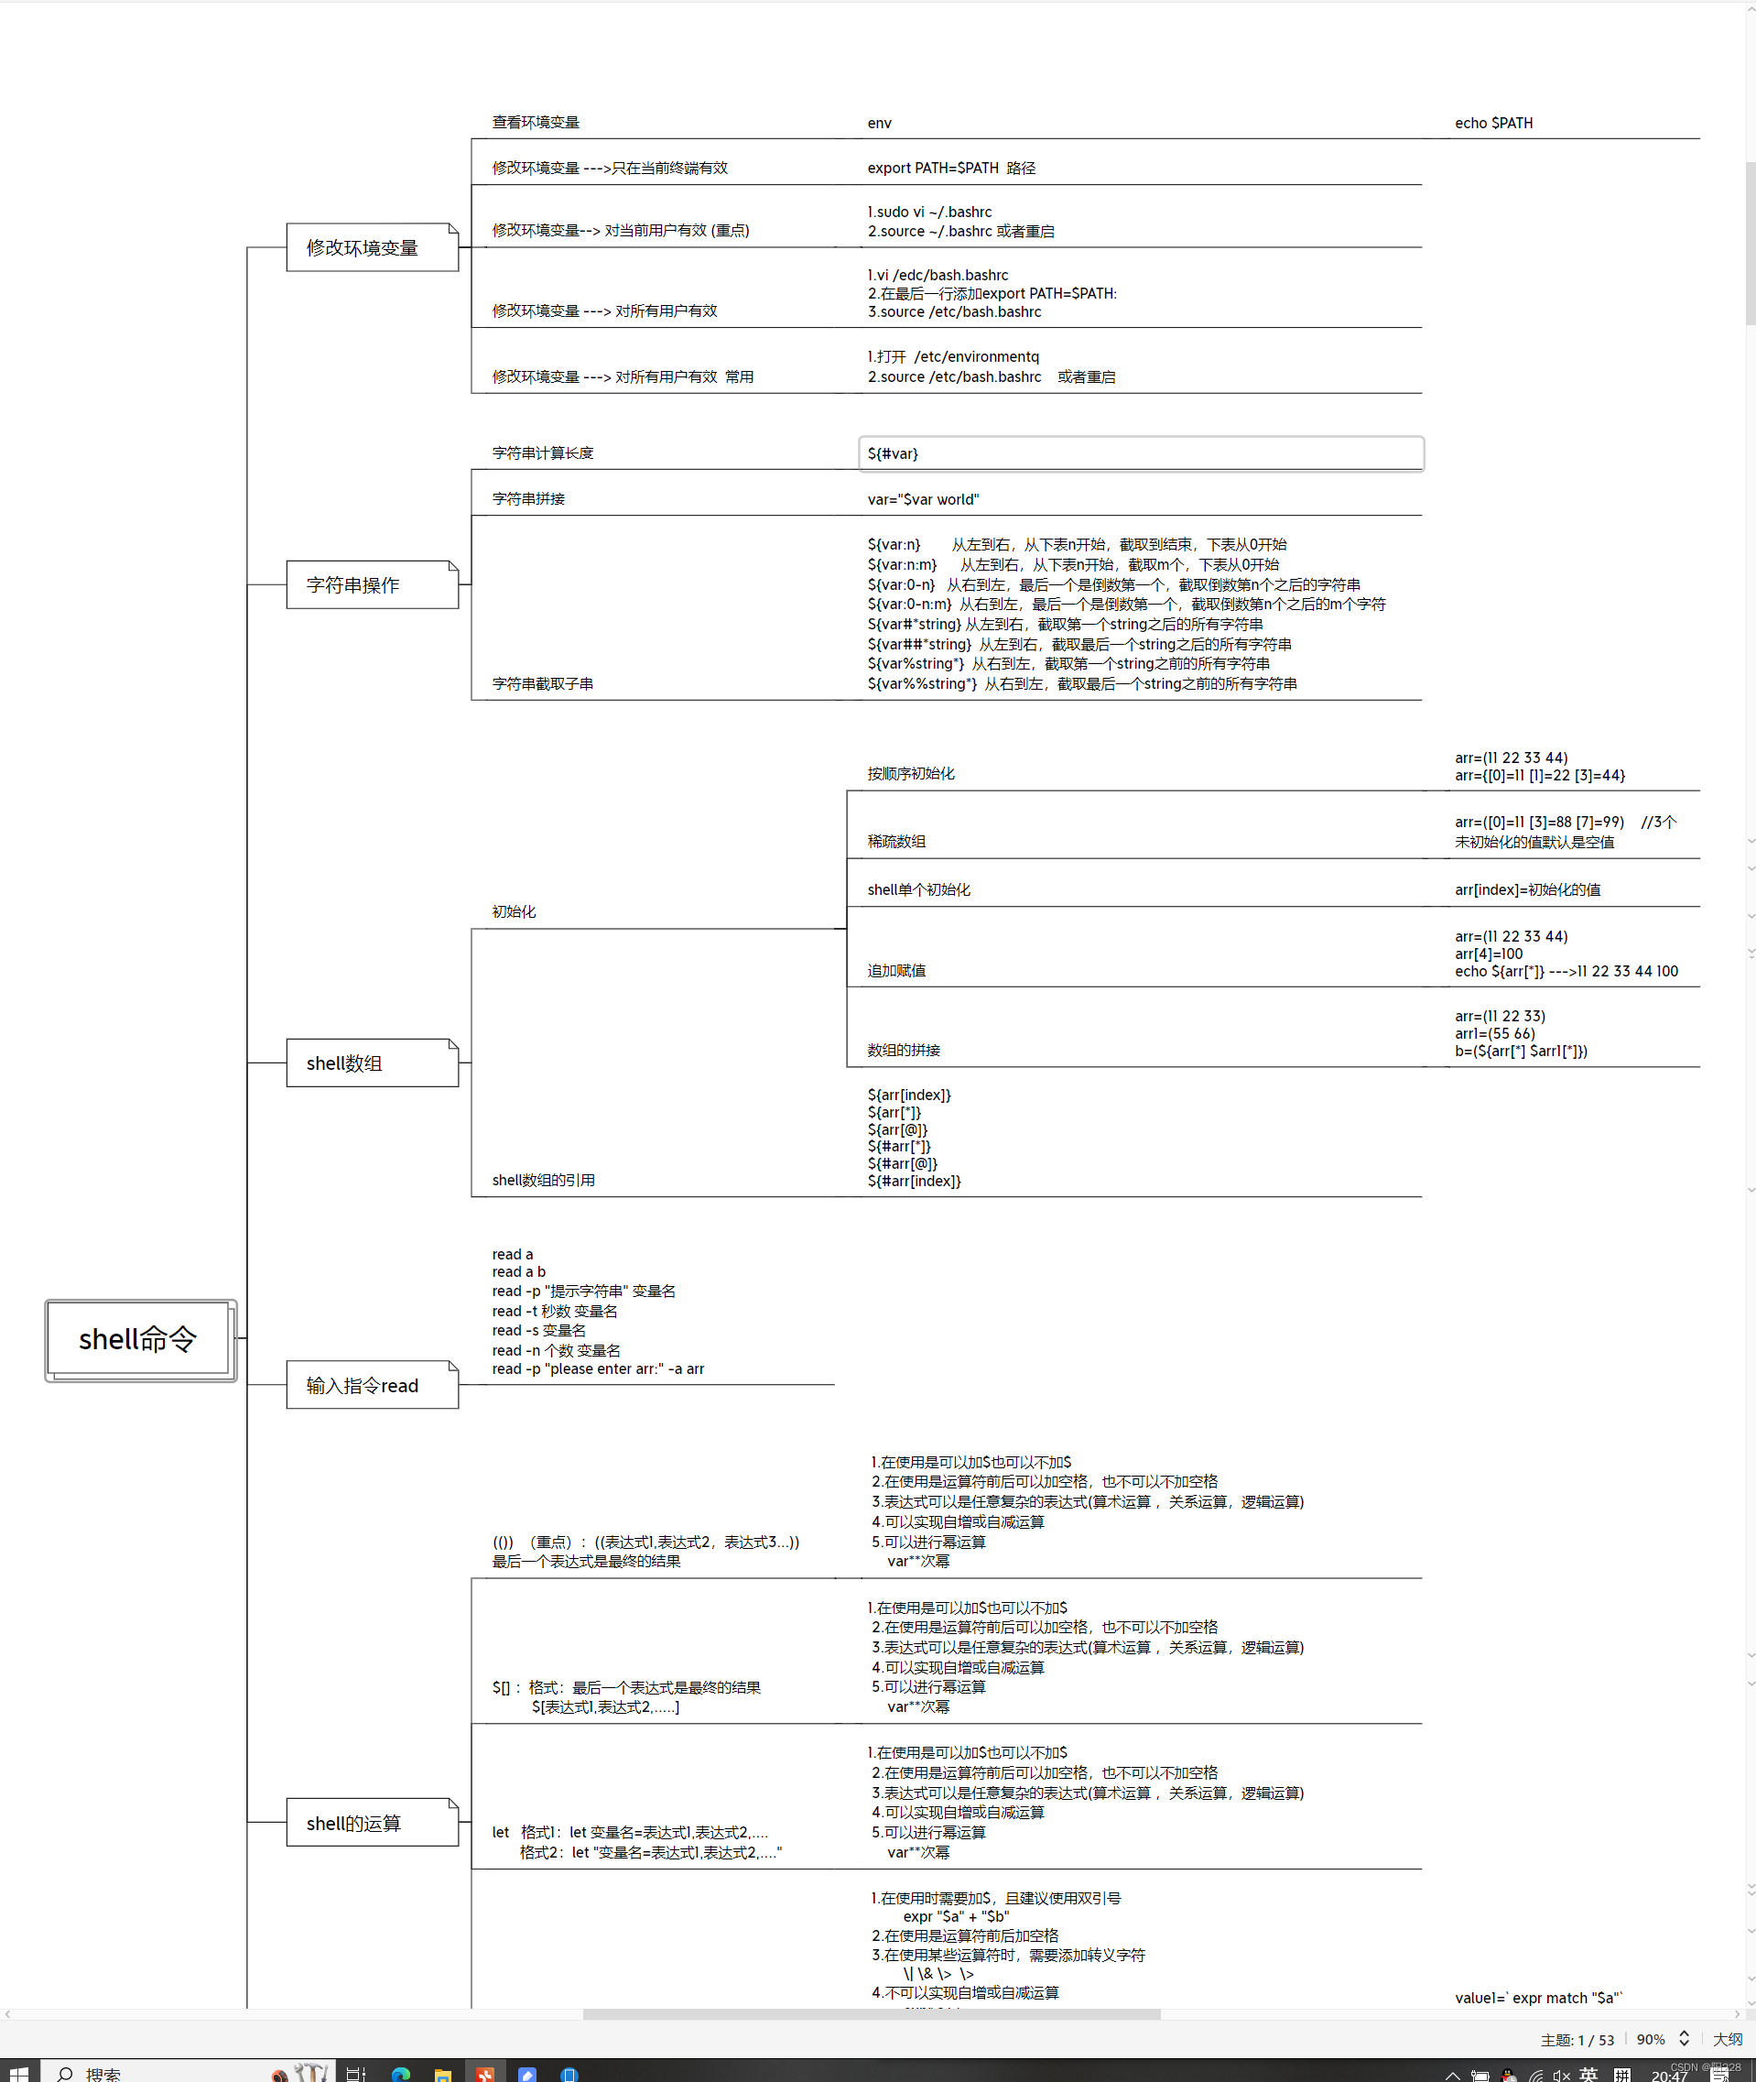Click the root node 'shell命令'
click(x=138, y=1339)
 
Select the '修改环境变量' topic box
click(x=372, y=248)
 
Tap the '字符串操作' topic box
click(x=372, y=585)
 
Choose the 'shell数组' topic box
click(x=372, y=1063)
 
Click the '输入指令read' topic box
click(x=372, y=1385)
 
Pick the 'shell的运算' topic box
click(x=372, y=1823)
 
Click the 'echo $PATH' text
click(x=1493, y=124)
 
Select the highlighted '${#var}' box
click(x=1140, y=454)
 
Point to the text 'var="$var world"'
click(x=923, y=500)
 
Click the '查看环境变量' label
click(x=536, y=123)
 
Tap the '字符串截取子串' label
click(x=543, y=684)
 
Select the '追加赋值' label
click(x=896, y=971)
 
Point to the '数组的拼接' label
click(x=903, y=1051)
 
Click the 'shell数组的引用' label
click(x=544, y=1180)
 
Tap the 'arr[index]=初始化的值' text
click(x=1527, y=890)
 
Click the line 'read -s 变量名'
click(x=538, y=1330)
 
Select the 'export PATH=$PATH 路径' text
click(x=950, y=169)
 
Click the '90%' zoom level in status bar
click(x=1650, y=2039)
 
